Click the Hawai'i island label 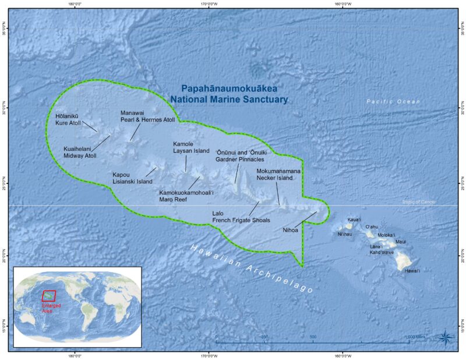[x=412, y=271]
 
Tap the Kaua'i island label [x=354, y=220]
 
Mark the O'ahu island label [x=372, y=227]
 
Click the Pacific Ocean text [x=393, y=101]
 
